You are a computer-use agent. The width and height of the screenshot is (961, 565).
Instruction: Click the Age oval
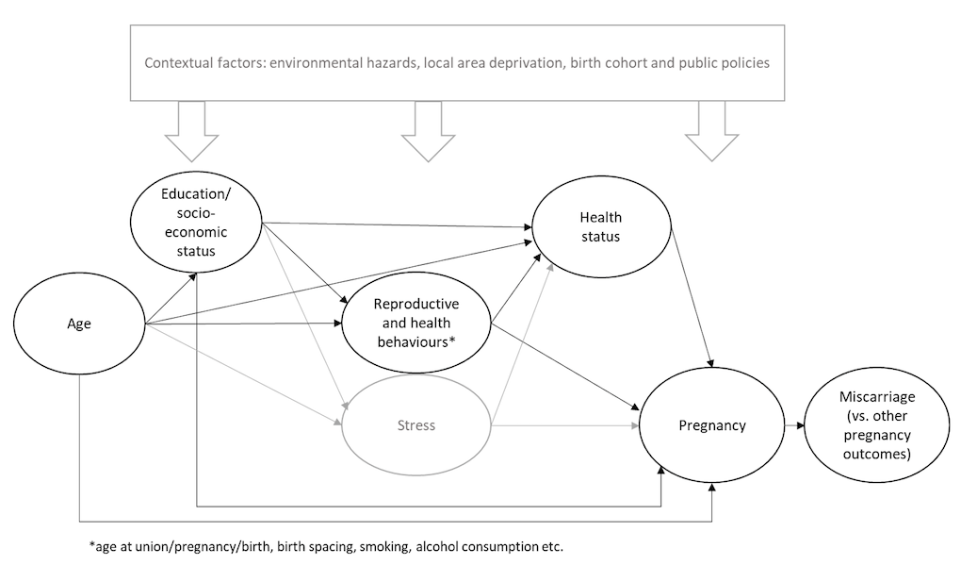pos(79,324)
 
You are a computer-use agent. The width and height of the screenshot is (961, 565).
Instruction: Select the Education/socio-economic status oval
pos(196,225)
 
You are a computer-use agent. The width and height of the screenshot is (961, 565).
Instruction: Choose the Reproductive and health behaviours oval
pos(415,324)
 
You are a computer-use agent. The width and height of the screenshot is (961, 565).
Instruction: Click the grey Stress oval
pos(415,425)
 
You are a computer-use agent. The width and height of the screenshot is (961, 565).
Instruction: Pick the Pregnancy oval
pos(711,425)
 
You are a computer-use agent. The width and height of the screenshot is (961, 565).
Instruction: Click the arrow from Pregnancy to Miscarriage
pos(793,425)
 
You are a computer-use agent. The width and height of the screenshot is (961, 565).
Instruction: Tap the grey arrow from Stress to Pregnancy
pos(565,425)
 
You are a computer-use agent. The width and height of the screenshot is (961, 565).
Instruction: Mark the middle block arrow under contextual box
pos(430,129)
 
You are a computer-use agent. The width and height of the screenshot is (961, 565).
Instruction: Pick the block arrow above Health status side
pos(711,129)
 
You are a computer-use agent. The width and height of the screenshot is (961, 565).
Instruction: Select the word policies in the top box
pos(744,63)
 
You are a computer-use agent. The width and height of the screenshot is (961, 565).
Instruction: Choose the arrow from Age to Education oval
pos(171,298)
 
